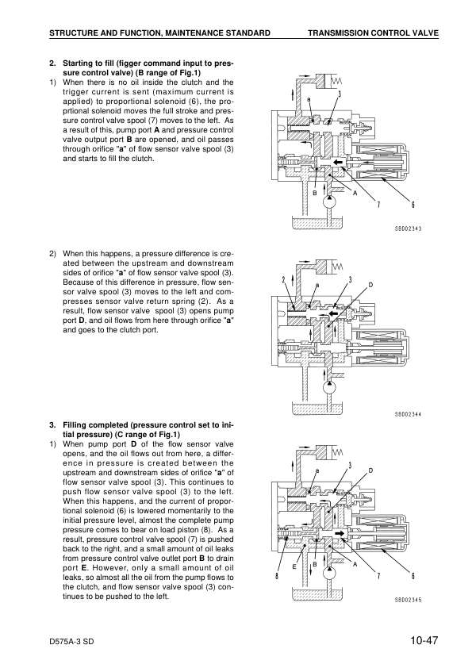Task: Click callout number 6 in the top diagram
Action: [x=413, y=205]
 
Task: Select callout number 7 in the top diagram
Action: [x=378, y=205]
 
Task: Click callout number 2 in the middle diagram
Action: [x=283, y=279]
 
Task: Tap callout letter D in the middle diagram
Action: [x=370, y=285]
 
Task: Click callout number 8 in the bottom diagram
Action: [x=277, y=577]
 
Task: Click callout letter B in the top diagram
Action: [x=314, y=193]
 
